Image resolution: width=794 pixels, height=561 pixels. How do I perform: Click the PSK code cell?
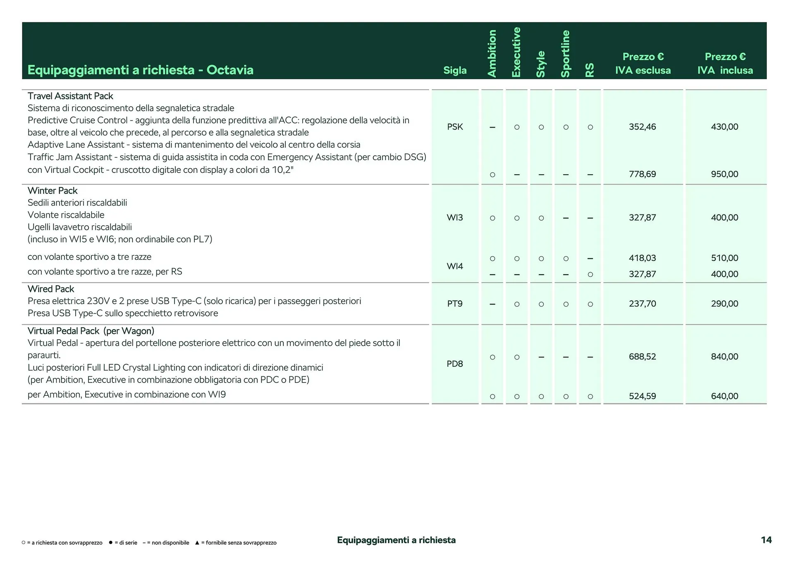click(x=455, y=127)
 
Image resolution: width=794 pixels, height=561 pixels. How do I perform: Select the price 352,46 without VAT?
click(x=642, y=127)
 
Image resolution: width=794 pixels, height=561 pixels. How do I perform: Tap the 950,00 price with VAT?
click(x=725, y=174)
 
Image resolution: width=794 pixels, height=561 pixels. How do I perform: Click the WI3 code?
click(x=455, y=217)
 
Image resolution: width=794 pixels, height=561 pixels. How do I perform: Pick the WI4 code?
click(x=455, y=266)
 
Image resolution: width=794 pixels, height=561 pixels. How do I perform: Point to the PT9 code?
click(x=455, y=304)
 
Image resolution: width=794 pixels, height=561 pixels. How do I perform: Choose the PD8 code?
click(x=455, y=364)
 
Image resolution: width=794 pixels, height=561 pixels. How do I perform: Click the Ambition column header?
click(x=492, y=53)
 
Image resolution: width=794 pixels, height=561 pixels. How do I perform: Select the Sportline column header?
click(x=565, y=53)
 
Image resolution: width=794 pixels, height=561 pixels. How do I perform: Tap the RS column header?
click(x=590, y=70)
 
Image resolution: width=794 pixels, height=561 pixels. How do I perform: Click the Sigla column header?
click(x=455, y=70)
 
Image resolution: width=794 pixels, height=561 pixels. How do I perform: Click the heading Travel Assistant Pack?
click(x=70, y=96)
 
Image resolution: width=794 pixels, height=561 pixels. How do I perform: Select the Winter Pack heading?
click(x=53, y=190)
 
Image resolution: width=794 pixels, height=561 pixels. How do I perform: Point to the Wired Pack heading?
click(x=51, y=289)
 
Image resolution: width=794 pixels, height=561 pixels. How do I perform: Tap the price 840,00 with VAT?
click(x=725, y=357)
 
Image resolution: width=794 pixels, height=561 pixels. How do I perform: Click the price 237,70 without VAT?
click(x=642, y=304)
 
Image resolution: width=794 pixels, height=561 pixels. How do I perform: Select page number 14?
click(x=766, y=540)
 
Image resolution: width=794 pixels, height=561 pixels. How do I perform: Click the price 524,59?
click(x=642, y=396)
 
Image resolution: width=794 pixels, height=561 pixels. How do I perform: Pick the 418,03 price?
click(x=642, y=258)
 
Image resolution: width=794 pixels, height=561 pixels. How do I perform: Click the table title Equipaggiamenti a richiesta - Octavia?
click(x=140, y=70)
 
